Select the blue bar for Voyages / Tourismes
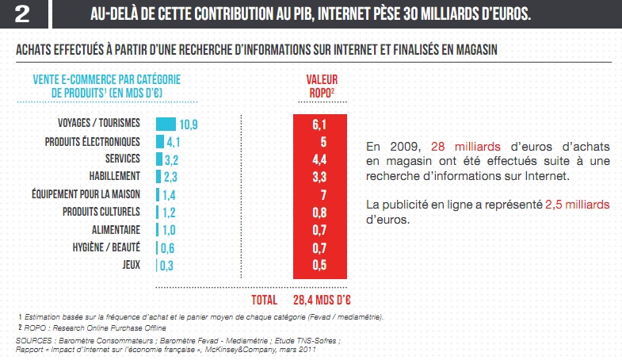[166, 124]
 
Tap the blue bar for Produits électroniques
[160, 141]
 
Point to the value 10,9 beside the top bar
[188, 124]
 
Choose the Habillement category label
[116, 176]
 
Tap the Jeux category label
[132, 264]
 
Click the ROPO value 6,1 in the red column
[319, 124]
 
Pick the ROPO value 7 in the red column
[319, 194]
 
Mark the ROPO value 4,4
[319, 159]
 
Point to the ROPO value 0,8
[319, 212]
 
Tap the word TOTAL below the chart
[264, 300]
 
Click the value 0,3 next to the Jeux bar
[168, 265]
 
